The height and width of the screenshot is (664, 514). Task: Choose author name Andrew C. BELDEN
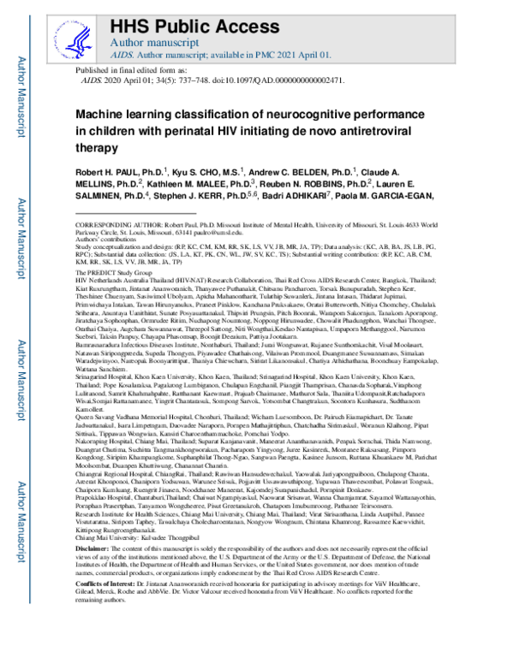[x=306, y=174]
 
